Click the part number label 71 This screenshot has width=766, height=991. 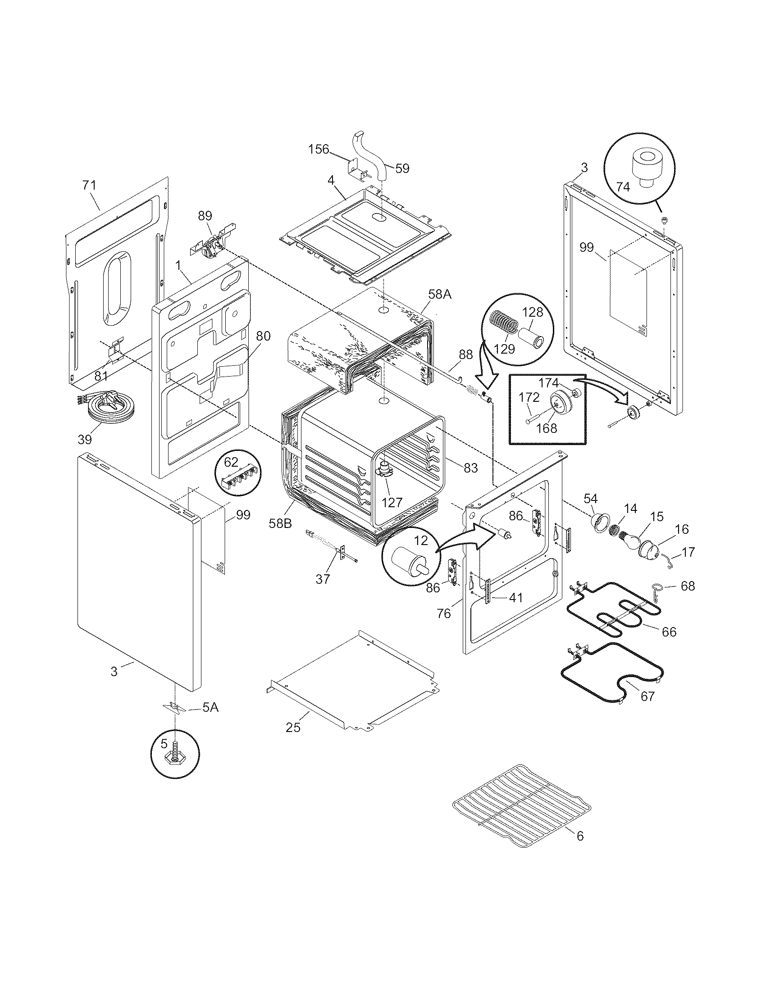[x=89, y=186]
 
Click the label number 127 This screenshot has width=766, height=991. [x=392, y=502]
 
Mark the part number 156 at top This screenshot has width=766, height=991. [x=319, y=149]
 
